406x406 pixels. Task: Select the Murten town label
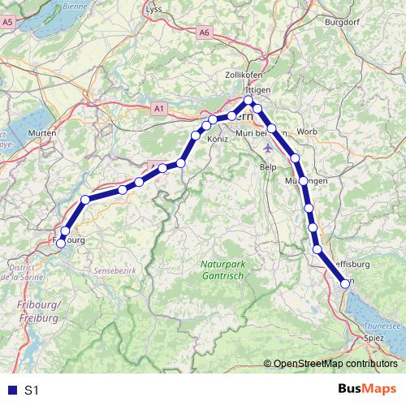41,132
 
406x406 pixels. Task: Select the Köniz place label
218,140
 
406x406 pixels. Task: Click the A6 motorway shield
204,32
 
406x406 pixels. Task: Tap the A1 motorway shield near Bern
159,107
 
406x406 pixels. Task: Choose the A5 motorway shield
8,24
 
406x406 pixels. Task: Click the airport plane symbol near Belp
270,149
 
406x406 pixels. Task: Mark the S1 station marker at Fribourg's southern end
60,244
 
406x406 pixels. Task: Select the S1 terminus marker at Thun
345,283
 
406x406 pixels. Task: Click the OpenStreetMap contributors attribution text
335,364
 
